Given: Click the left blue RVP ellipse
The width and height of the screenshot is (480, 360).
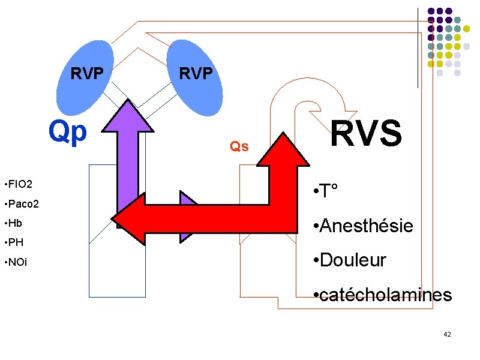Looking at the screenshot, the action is [85, 78].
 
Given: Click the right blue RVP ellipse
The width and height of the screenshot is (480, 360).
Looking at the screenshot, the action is [194, 78].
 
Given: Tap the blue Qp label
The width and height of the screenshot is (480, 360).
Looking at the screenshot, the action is [68, 132].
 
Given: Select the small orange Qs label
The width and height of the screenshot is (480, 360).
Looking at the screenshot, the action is [239, 146].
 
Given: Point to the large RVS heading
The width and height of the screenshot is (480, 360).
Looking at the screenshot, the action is [366, 133].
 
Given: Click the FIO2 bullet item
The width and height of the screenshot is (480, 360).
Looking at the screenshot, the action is [19, 184].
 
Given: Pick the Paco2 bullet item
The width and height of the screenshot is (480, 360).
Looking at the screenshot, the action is [22, 203].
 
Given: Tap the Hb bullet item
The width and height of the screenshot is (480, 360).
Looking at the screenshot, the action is [13, 223].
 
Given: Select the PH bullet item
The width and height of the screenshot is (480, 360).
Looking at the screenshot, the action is [14, 242].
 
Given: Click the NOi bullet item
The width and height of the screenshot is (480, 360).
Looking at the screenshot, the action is [16, 262].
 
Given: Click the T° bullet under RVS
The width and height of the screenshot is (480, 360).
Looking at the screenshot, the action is [326, 190].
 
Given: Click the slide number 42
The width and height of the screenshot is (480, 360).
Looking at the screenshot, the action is [447, 334].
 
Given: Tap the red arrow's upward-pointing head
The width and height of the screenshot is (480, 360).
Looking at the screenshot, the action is [283, 149].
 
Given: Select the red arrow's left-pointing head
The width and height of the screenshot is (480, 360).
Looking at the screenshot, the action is [128, 219].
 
